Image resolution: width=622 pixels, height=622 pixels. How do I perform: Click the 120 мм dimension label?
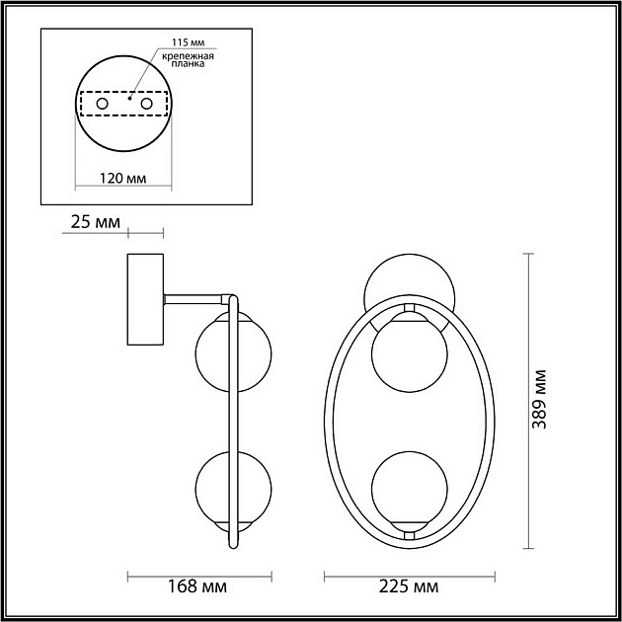coord(124,179)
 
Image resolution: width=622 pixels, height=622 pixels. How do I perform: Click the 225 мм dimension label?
coord(410,588)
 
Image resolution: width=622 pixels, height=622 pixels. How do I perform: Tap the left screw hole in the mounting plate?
coord(101,103)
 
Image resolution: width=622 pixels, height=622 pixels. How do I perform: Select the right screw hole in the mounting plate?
coord(148,103)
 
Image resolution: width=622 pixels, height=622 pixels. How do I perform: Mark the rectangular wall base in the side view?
coord(145,299)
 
